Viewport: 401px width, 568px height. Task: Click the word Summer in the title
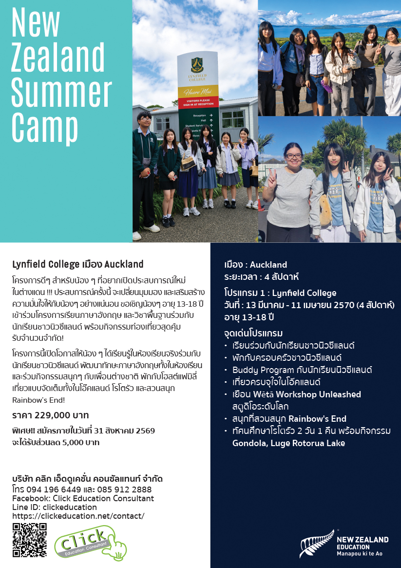61,90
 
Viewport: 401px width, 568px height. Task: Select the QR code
30,540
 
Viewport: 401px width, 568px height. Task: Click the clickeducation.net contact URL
78,515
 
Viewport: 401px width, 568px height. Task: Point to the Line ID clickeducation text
55,507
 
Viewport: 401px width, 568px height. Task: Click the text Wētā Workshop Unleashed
296,394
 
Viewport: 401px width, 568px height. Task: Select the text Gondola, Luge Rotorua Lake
288,443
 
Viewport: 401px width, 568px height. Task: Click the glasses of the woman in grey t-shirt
293,157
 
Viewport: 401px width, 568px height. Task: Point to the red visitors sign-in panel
198,102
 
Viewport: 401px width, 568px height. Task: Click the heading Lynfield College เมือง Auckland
78,264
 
